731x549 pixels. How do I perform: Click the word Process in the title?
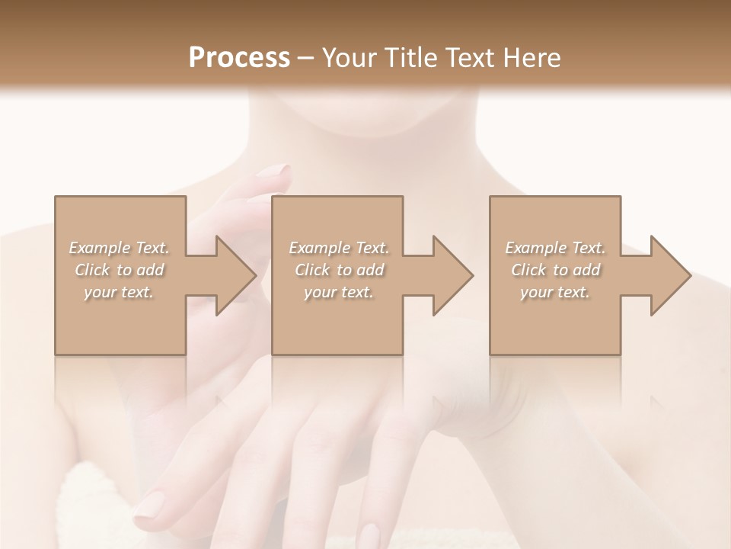point(239,57)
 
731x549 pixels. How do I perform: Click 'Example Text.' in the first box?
point(119,248)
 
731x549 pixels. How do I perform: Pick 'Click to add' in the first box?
point(119,270)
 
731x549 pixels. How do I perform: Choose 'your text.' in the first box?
point(119,292)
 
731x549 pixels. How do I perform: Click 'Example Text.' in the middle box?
point(338,248)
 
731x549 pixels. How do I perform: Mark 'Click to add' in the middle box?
point(338,270)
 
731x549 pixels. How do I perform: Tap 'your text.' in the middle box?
point(338,292)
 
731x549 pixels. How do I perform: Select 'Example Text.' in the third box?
point(555,248)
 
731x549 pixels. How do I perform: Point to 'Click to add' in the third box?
point(555,270)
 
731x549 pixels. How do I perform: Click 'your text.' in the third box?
point(555,292)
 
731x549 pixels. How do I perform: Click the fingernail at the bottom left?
point(151,504)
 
